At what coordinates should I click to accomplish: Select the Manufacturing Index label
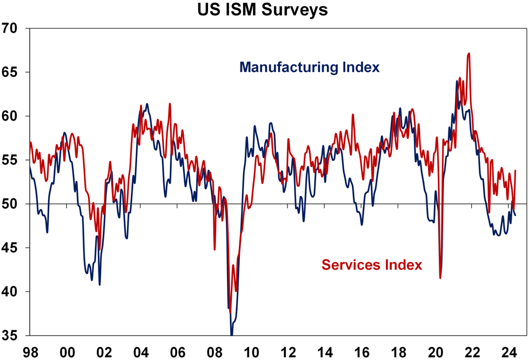point(310,68)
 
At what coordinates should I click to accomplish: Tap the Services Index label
point(372,265)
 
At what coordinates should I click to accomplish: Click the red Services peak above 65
point(468,54)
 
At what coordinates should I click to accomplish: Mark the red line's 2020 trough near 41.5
point(441,278)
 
